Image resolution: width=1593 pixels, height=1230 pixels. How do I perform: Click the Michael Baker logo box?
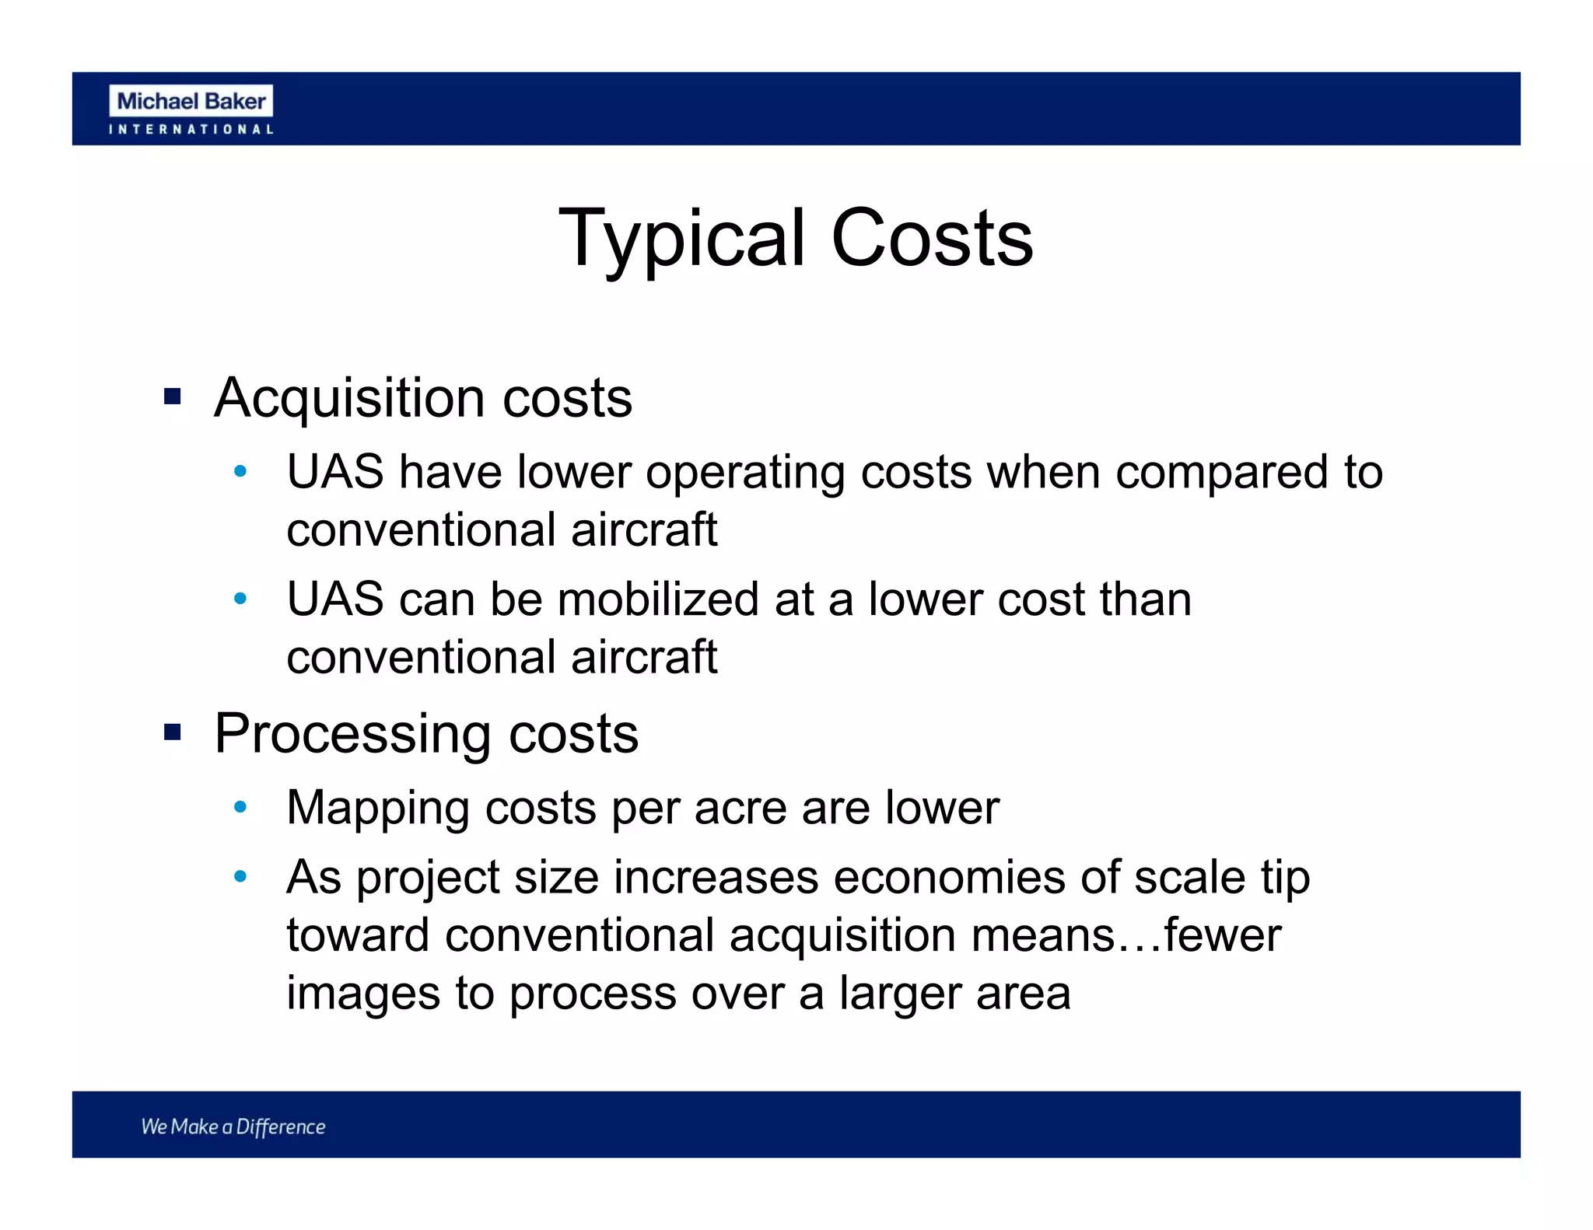click(x=191, y=101)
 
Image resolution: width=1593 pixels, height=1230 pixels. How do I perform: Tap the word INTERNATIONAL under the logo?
click(x=191, y=130)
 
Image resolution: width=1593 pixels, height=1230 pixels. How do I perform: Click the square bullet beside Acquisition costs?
click(x=172, y=397)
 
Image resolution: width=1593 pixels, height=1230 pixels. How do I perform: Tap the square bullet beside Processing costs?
click(x=172, y=732)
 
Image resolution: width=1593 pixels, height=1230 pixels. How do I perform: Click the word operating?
click(x=745, y=473)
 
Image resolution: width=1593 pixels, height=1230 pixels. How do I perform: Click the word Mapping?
click(x=378, y=809)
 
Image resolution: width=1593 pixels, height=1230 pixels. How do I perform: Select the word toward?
click(x=358, y=935)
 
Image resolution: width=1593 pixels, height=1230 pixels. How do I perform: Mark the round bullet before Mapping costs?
click(x=240, y=808)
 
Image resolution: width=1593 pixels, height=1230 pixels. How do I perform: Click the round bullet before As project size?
click(x=240, y=877)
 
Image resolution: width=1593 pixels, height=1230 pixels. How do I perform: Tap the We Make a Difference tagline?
click(x=233, y=1127)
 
